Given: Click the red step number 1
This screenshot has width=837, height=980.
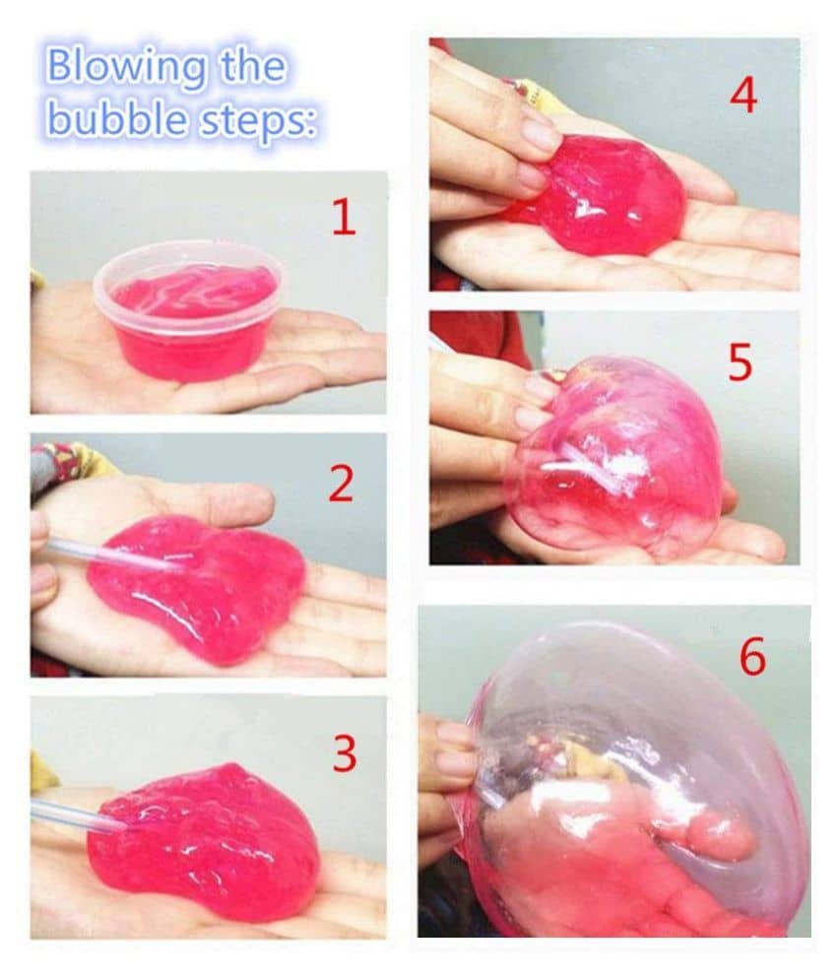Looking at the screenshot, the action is point(344,218).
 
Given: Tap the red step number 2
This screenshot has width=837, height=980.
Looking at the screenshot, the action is point(342,484).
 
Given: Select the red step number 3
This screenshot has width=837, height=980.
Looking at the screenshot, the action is point(345,753).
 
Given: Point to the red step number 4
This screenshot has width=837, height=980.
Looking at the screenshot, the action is point(743,96).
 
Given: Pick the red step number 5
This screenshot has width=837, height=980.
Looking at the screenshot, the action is point(740,362).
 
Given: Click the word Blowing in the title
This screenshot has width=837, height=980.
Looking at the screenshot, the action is point(125,68).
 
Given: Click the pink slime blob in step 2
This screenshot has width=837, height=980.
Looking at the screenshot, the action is point(198,587).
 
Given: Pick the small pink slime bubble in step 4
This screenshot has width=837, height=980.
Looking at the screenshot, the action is point(600,195).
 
